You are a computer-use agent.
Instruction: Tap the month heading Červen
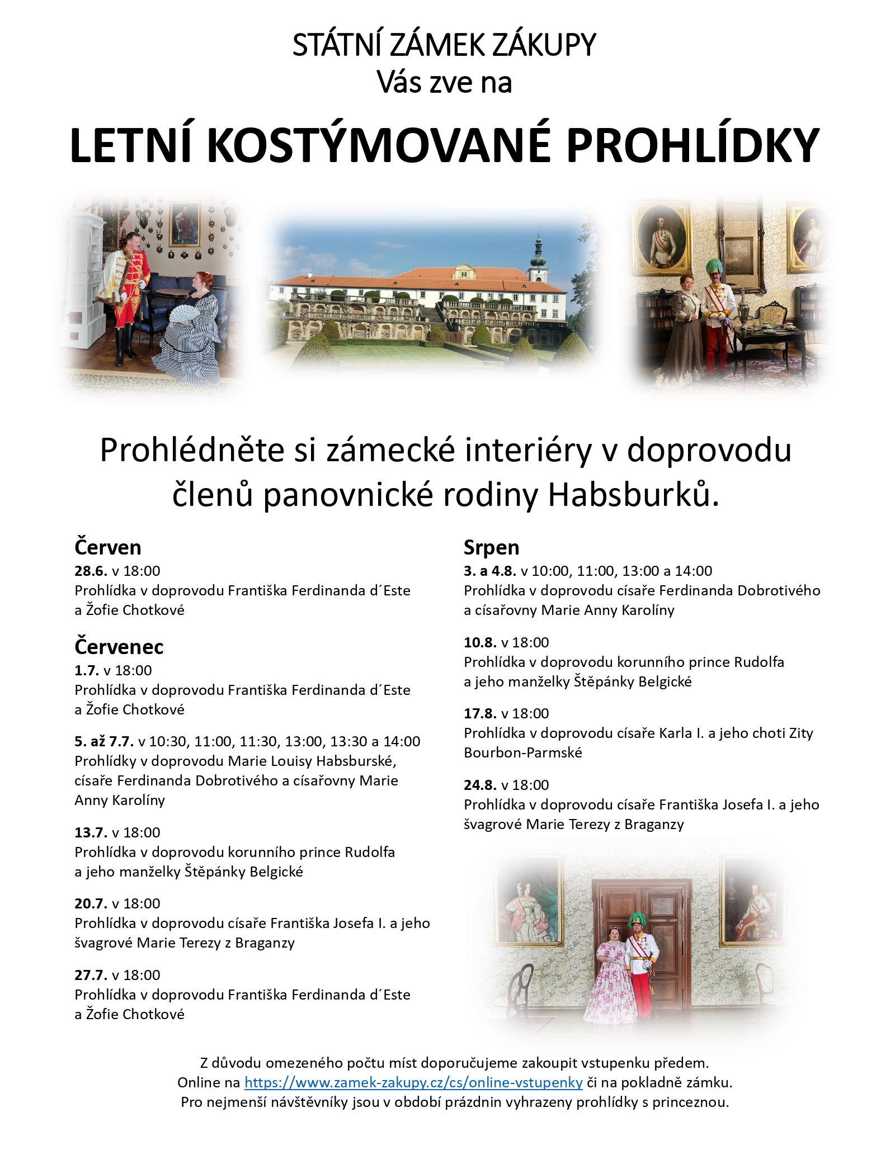107,547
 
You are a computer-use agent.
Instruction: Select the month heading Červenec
119,646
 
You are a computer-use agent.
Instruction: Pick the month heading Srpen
491,547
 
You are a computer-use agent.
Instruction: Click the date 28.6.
91,571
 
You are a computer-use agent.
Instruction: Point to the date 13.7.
91,832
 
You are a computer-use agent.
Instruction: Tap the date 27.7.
91,975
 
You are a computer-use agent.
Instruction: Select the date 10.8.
480,642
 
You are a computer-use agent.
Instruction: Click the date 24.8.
480,785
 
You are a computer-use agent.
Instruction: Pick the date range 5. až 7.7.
104,741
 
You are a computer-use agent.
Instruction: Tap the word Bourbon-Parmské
522,752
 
